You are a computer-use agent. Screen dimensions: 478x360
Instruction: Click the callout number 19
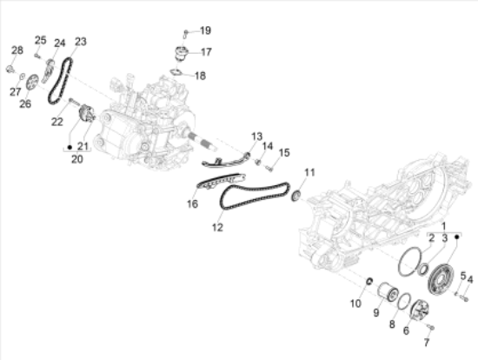(205, 30)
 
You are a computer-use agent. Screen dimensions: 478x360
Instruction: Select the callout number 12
(217, 227)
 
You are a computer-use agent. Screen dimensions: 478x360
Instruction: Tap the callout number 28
(17, 50)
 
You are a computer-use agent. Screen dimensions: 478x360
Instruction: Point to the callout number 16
(192, 203)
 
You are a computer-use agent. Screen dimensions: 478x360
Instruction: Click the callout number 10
(355, 303)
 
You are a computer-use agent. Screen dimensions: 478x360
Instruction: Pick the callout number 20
(77, 159)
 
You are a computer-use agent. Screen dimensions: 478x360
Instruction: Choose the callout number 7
(427, 343)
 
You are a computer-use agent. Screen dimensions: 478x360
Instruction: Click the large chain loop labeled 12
(255, 197)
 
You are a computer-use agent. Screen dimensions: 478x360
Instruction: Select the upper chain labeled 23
(60, 81)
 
